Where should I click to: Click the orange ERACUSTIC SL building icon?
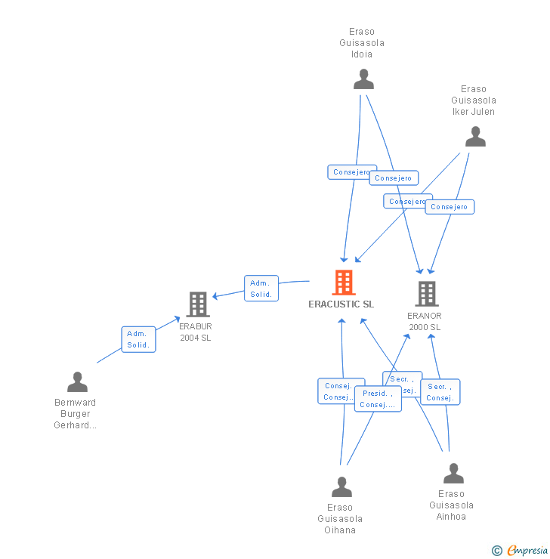pos(344,283)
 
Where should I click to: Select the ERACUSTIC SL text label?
pos(341,304)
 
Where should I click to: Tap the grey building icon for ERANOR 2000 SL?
pos(426,294)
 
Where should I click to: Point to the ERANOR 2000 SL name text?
pos(424,322)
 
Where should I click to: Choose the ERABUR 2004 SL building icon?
pos(198,304)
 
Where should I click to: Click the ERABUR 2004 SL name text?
pos(195,332)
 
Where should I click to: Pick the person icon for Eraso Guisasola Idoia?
pos(363,79)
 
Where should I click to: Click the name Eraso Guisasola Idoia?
pos(361,43)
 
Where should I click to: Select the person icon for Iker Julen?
pos(475,137)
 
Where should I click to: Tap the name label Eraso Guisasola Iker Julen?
pos(473,100)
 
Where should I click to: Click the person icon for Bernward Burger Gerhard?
pos(77,382)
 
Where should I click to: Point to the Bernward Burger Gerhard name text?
pos(75,414)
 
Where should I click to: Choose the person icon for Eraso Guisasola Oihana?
pos(341,487)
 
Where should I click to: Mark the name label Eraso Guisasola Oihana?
pos(340,519)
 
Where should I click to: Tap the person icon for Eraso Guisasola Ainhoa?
pos(453,474)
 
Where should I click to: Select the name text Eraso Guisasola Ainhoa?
pos(451,505)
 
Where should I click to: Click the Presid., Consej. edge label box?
pos(378,399)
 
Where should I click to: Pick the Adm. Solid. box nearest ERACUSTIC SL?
pos(261,289)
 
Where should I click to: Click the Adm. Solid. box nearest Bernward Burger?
pos(138,339)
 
